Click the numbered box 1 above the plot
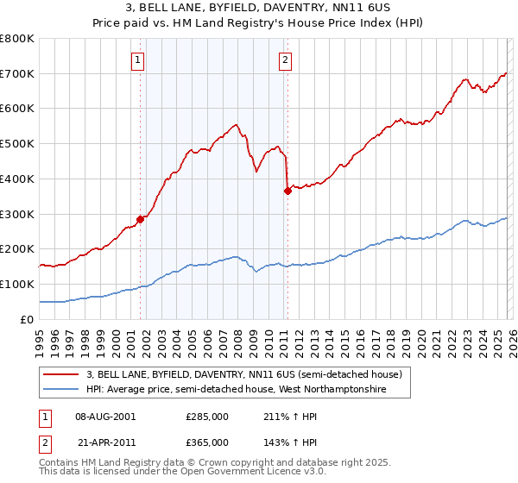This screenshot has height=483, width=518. point(138,60)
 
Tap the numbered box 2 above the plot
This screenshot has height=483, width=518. point(285,60)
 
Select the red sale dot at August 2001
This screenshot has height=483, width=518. point(140,218)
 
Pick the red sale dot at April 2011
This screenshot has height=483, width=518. point(287,191)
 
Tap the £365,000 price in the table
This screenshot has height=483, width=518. point(206,442)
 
